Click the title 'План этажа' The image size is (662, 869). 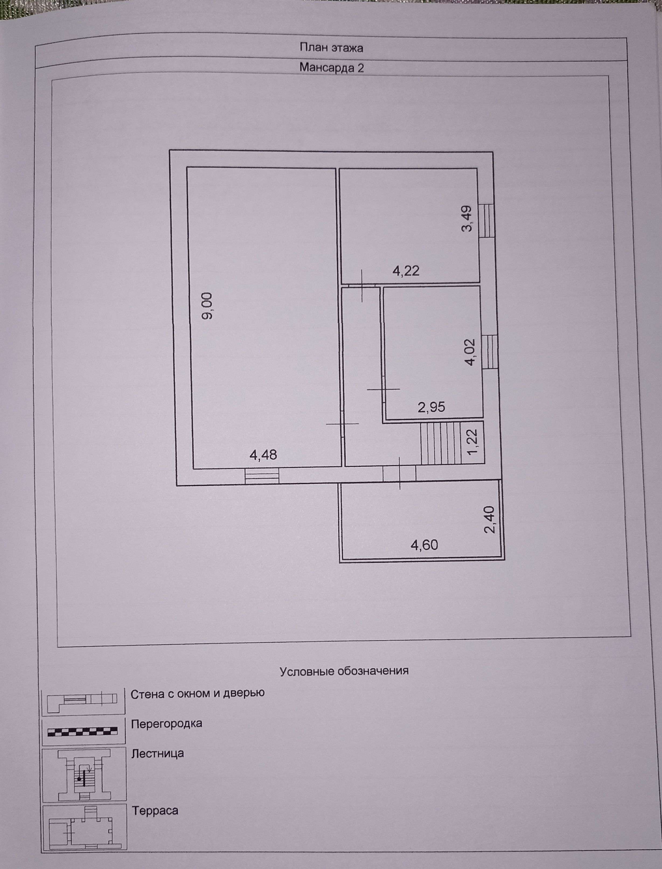pos(331,48)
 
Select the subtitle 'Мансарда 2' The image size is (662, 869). pos(331,68)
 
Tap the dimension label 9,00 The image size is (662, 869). pos(207,306)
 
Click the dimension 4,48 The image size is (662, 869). pos(263,455)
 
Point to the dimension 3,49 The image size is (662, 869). pos(467,219)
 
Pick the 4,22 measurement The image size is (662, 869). pos(406,271)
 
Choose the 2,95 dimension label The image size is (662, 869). pos(431,407)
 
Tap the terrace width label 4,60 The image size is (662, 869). pos(424,545)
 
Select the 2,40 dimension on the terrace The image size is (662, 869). pos(489,520)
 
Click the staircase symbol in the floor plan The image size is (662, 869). pos(441,444)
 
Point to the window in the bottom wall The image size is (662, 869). pos(262,475)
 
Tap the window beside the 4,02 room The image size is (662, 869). pos(490,351)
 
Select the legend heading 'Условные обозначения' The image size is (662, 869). pos(344,671)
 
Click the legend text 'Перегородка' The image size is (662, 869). pos(166,724)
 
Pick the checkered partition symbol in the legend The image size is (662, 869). pos(82,732)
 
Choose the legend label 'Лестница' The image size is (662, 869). pos(158,754)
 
